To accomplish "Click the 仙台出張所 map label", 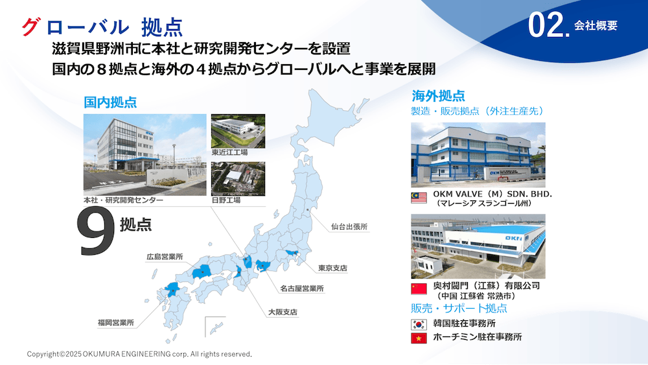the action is pyautogui.click(x=349, y=226).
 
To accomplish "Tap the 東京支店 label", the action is pyautogui.click(x=332, y=268).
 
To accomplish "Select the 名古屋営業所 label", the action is pyautogui.click(x=302, y=288).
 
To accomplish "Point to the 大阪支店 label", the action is pyautogui.click(x=283, y=312).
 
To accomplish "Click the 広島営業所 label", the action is pyautogui.click(x=165, y=256).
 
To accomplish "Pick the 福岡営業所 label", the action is pyautogui.click(x=116, y=322).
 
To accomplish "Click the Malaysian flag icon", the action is pyautogui.click(x=419, y=198).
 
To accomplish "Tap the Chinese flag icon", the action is pyautogui.click(x=419, y=289).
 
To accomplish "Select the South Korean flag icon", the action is pyautogui.click(x=419, y=324).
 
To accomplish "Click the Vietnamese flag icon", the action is pyautogui.click(x=419, y=338).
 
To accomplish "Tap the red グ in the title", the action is pyautogui.click(x=31, y=27).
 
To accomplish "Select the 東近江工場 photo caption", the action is pyautogui.click(x=229, y=152).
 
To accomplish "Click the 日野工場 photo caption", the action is pyautogui.click(x=226, y=200).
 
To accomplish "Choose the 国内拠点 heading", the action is pyautogui.click(x=110, y=102).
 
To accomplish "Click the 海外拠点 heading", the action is pyautogui.click(x=438, y=95).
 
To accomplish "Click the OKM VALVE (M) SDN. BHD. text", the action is pyautogui.click(x=492, y=194).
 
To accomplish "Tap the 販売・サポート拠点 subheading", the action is pyautogui.click(x=459, y=308).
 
